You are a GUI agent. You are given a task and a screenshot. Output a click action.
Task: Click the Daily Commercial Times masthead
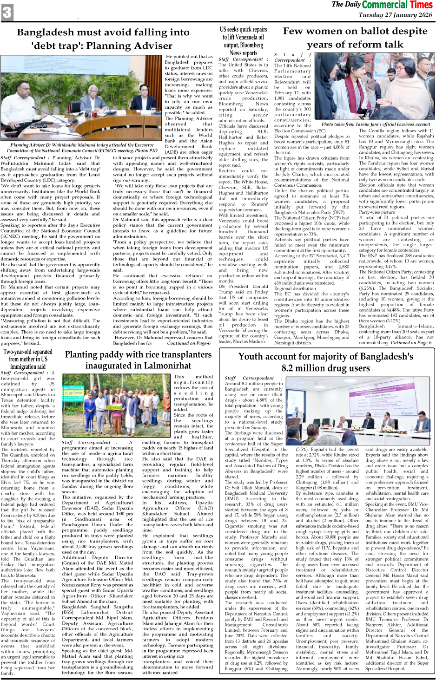[x=382, y=5]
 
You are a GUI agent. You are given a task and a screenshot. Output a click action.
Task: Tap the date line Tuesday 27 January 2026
[x=395, y=15]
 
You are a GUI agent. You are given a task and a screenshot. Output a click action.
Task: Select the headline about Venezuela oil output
[x=243, y=41]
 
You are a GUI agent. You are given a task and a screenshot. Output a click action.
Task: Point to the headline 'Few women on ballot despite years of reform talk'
[x=355, y=38]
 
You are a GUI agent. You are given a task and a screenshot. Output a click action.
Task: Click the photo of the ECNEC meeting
[x=82, y=98]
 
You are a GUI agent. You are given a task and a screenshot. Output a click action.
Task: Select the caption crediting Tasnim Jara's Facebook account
[x=376, y=124]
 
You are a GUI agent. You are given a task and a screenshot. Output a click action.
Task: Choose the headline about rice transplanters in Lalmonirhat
[x=138, y=360]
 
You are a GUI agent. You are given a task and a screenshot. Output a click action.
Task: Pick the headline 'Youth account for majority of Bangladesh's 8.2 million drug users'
[x=326, y=362]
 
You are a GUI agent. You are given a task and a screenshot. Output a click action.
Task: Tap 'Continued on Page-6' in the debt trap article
[x=189, y=343]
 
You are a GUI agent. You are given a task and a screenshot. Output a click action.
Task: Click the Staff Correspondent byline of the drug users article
[x=249, y=378]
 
